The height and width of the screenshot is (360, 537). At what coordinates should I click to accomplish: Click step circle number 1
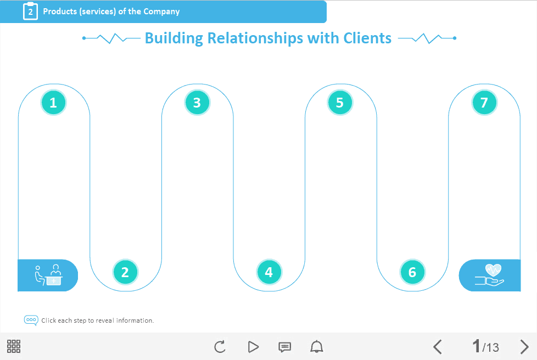(53, 103)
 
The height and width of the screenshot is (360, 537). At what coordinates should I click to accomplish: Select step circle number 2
(125, 272)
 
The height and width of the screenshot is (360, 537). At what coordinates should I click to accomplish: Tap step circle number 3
(197, 103)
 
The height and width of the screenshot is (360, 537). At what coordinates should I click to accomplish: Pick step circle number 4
(269, 272)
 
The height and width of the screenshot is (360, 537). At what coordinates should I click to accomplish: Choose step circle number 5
(340, 103)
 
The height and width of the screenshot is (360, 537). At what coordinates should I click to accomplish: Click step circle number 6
(412, 272)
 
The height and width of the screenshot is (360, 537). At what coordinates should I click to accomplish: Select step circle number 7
(484, 103)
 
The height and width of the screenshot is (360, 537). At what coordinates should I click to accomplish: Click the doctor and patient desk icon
(48, 275)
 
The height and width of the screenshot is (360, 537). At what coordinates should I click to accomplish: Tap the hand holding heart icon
(489, 275)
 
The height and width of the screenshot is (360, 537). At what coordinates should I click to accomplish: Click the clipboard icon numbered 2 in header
(31, 11)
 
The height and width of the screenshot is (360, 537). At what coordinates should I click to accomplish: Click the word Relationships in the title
(255, 38)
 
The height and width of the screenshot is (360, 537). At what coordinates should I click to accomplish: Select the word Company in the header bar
(161, 12)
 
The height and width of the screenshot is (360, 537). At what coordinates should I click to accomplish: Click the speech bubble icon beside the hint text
(31, 320)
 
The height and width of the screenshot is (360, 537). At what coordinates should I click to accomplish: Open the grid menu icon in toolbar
(14, 346)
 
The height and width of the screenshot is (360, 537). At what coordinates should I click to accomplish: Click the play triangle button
(253, 347)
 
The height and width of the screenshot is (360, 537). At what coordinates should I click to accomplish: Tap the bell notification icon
(316, 347)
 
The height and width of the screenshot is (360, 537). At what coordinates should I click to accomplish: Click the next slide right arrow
(524, 347)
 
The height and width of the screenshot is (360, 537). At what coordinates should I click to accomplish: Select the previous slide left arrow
(438, 347)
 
